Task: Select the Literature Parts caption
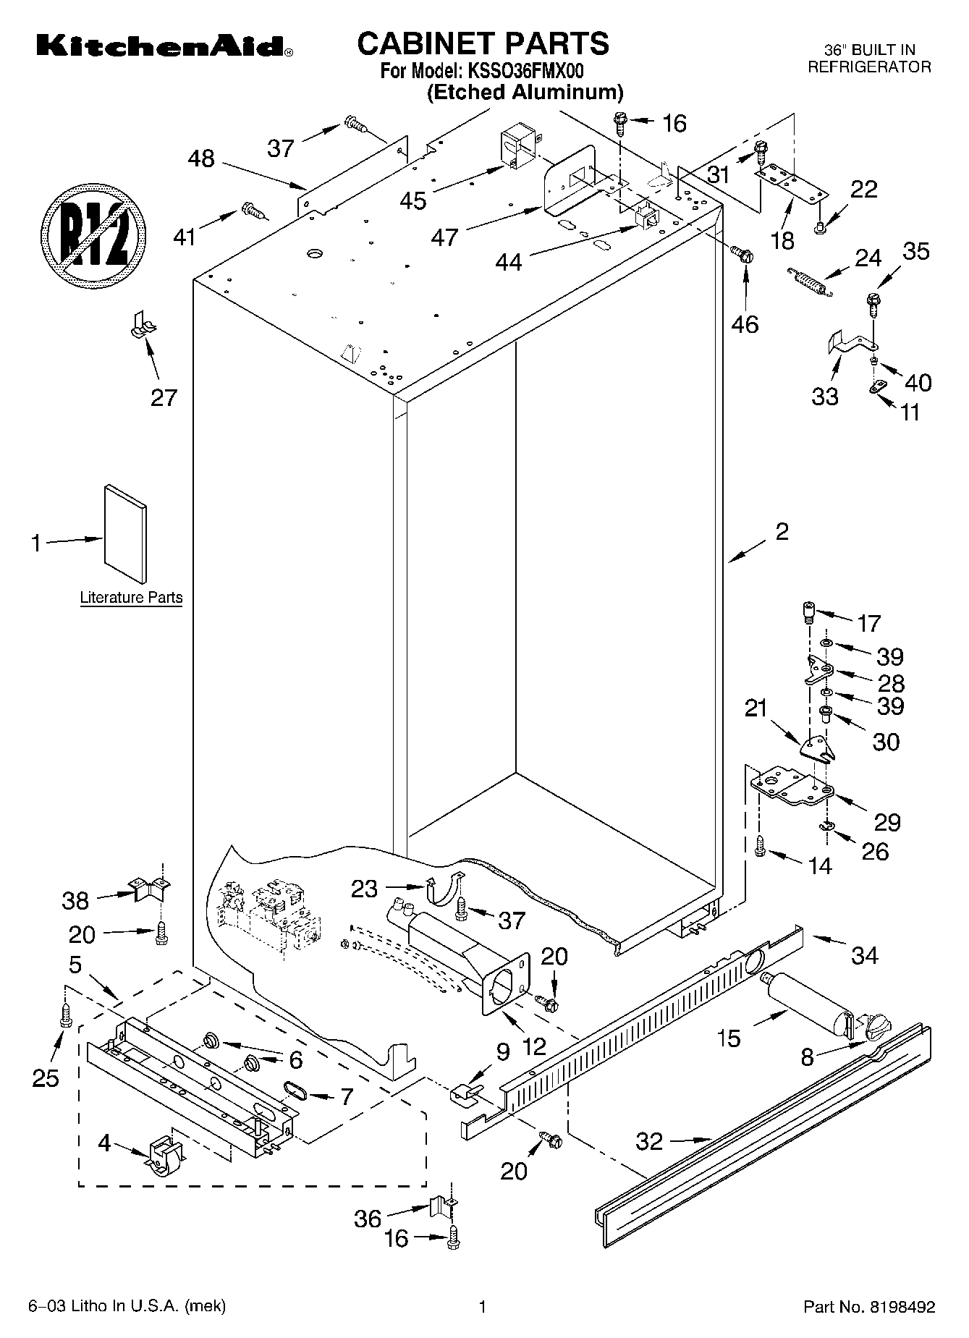[x=131, y=598]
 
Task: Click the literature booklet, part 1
[x=125, y=533]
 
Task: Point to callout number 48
[x=201, y=158]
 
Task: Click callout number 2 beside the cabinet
[x=782, y=532]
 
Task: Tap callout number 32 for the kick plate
[x=649, y=1141]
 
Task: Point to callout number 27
[x=164, y=397]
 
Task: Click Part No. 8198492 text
[x=869, y=1307]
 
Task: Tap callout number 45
[x=413, y=200]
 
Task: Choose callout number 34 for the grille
[x=865, y=955]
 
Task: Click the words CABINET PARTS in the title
[x=483, y=43]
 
